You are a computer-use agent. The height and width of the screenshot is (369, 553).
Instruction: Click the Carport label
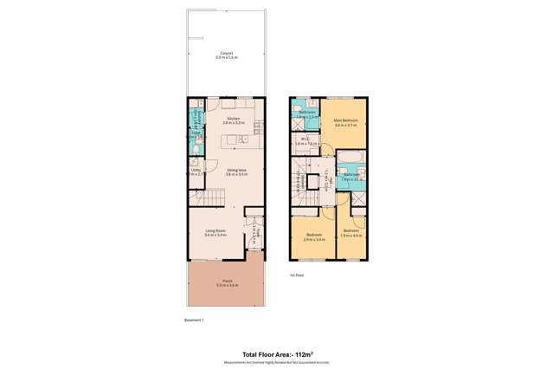point(227,53)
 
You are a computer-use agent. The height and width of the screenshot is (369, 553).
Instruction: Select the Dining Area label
point(236,171)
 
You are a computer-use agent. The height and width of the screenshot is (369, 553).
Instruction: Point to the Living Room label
point(215,230)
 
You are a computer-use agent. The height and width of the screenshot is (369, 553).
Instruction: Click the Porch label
point(227,281)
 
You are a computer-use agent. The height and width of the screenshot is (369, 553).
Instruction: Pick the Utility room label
point(196,170)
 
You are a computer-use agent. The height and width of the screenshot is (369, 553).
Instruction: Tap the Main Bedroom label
point(346,121)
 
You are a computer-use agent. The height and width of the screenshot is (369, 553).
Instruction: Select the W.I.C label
point(306,140)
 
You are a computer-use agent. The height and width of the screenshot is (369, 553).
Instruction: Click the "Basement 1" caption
point(194,320)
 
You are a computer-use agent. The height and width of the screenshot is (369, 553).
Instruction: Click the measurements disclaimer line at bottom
point(276,362)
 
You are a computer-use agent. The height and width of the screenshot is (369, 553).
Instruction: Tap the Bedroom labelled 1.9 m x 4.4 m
point(350,233)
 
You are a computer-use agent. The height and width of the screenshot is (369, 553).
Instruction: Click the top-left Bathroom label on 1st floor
point(307,113)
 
